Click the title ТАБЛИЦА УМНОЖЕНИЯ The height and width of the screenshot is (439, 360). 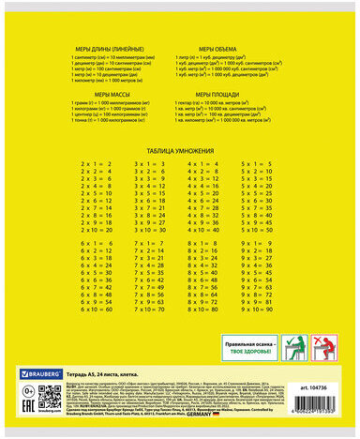coord(179,150)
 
